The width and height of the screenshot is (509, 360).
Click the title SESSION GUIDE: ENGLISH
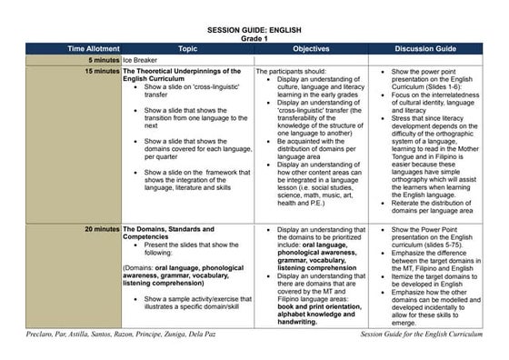(x=254, y=30)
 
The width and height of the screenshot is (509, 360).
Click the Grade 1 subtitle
(x=254, y=38)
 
